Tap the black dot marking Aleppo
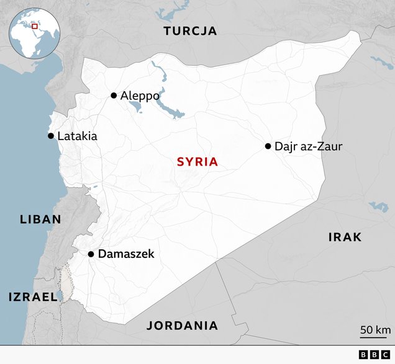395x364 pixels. click(x=114, y=95)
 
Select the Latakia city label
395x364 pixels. click(x=77, y=136)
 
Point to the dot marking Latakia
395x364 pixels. click(x=50, y=136)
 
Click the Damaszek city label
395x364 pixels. click(x=125, y=254)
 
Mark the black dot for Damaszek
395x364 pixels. click(x=91, y=254)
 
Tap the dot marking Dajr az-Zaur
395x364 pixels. click(x=268, y=146)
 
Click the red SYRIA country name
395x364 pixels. click(x=197, y=162)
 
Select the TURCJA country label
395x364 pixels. click(x=190, y=31)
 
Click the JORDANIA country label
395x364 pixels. click(x=182, y=326)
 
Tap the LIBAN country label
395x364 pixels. click(x=40, y=219)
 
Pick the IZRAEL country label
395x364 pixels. click(x=33, y=297)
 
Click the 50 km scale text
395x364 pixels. click(x=375, y=329)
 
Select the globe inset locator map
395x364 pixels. click(x=34, y=30)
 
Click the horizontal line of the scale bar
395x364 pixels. click(x=375, y=337)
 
